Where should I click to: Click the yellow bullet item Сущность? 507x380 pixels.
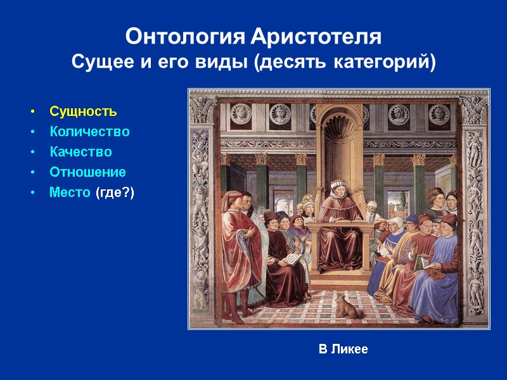(83, 112)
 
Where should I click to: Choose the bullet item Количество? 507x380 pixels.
(89, 132)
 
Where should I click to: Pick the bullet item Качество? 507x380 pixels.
(80, 152)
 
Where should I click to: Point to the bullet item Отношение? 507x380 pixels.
(87, 172)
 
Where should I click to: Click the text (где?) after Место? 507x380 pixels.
(115, 192)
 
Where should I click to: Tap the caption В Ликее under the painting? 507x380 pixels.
(343, 349)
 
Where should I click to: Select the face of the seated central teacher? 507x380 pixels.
(337, 187)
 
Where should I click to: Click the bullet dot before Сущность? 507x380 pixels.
(33, 113)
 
